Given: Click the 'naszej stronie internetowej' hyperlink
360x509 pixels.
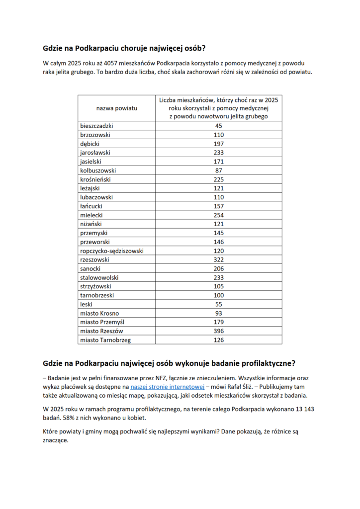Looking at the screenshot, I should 167,386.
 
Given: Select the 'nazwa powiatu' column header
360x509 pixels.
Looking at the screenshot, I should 117,108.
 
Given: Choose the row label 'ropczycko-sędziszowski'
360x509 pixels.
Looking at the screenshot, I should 112,251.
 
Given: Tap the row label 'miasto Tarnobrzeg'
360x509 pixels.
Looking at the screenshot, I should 105,340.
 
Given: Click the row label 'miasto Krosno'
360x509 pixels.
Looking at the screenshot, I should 99,313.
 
